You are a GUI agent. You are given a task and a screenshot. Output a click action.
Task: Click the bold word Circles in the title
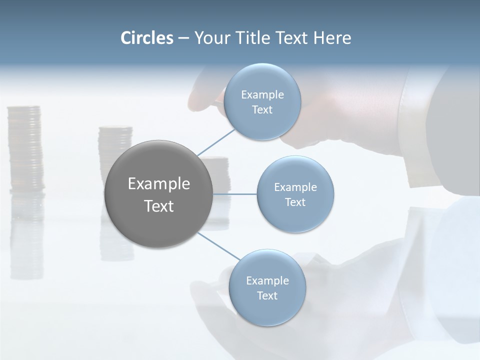point(146,38)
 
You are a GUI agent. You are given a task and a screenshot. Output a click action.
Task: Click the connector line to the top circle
point(216,142)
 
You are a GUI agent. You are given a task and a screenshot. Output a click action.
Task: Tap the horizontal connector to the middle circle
point(235,194)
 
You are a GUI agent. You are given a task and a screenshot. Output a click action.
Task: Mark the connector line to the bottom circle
point(218,246)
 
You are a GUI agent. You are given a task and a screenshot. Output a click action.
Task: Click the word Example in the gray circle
point(158,184)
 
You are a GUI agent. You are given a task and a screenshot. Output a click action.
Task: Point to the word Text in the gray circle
point(158,206)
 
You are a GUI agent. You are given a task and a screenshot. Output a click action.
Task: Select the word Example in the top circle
point(262,94)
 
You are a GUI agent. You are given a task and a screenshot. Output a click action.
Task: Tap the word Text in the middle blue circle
point(295,202)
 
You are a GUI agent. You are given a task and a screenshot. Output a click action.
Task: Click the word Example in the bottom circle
point(267,280)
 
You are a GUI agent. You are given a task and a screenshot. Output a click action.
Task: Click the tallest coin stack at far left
point(24,147)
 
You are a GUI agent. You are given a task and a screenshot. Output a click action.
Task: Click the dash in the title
point(183,38)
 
